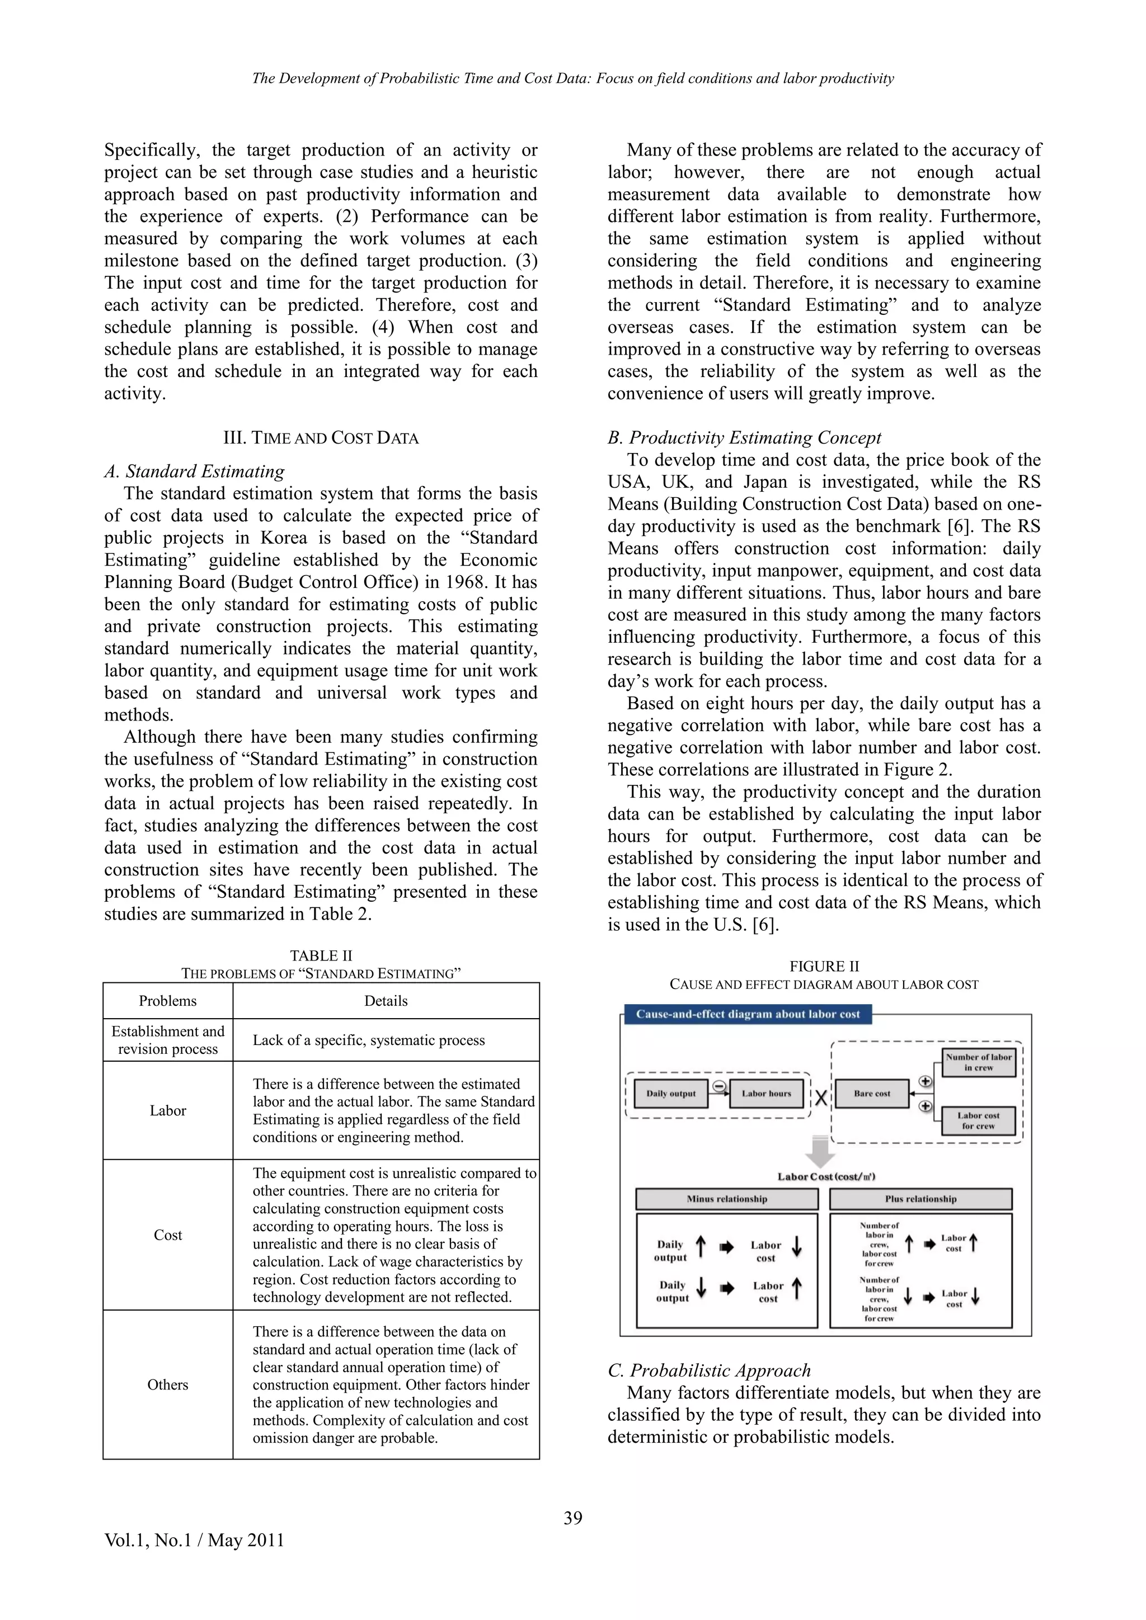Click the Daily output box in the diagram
point(670,1094)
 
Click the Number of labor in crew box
point(979,1062)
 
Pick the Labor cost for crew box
point(978,1120)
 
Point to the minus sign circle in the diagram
point(719,1086)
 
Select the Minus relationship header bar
point(727,1199)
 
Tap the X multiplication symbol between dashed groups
point(821,1098)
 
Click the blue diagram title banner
point(748,1014)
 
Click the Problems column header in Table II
point(168,1001)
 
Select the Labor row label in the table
point(168,1110)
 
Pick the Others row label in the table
point(168,1384)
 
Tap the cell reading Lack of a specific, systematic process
point(368,1040)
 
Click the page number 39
point(573,1518)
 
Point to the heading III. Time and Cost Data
point(321,438)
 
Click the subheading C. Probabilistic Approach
point(708,1370)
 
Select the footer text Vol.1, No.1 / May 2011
point(194,1540)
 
